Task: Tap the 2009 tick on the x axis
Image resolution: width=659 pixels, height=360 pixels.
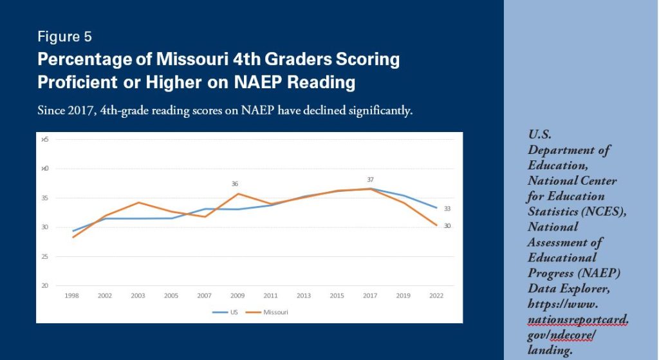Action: tap(238, 295)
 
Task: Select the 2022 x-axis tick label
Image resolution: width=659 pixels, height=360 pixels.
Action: tap(436, 295)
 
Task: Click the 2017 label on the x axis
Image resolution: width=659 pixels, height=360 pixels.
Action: tap(370, 295)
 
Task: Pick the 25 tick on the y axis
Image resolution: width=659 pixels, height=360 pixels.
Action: tap(46, 256)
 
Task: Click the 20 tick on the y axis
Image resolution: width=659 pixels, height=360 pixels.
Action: tap(46, 286)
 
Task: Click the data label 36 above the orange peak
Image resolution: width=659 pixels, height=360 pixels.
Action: tap(235, 184)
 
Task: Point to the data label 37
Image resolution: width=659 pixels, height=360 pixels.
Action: tap(370, 180)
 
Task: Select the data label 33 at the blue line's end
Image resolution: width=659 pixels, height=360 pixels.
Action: tap(447, 209)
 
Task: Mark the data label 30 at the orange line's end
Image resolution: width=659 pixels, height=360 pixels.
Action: tap(447, 226)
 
